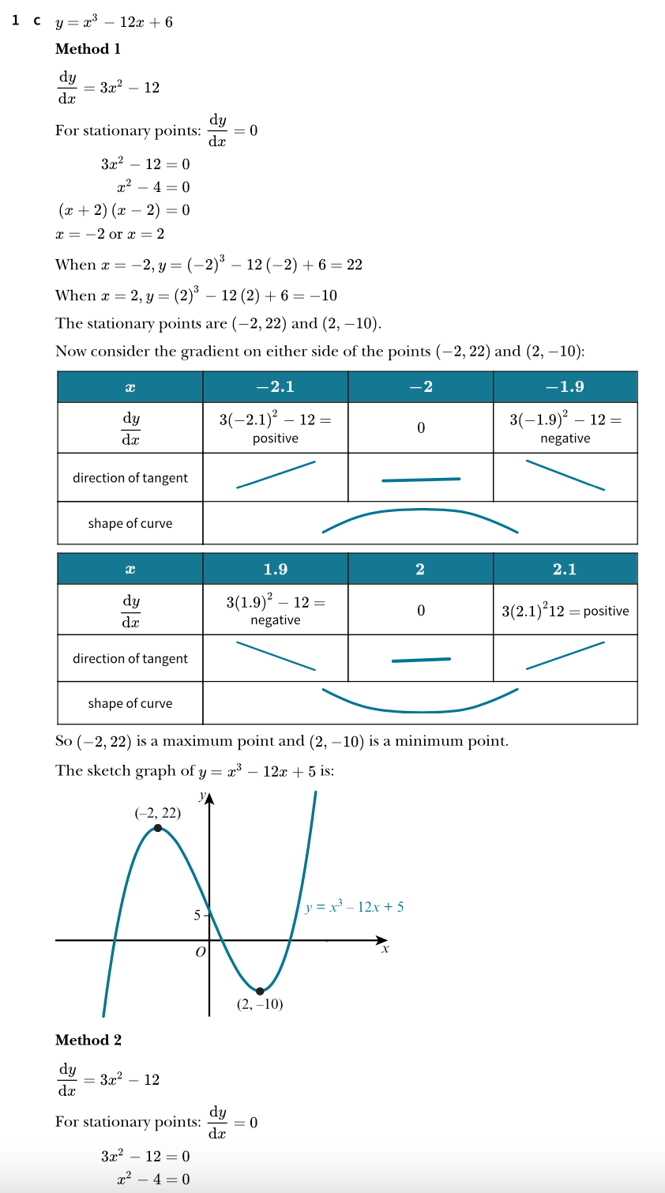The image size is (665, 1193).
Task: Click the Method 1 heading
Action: click(88, 49)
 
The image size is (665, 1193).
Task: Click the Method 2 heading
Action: click(88, 1040)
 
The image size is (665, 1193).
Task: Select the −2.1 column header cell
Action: click(275, 386)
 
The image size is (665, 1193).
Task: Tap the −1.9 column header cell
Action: click(565, 386)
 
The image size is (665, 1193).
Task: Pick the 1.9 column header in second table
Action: click(275, 569)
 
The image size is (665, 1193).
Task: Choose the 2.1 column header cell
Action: click(565, 569)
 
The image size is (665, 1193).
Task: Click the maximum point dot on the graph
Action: click(158, 828)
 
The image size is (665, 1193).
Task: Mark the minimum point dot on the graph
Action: click(260, 991)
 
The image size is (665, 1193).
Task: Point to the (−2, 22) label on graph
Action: click(157, 812)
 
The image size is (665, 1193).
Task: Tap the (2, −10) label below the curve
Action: click(260, 1004)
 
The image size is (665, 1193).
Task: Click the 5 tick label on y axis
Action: click(197, 915)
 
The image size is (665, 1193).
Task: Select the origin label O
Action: click(200, 952)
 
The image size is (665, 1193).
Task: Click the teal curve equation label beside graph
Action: click(355, 907)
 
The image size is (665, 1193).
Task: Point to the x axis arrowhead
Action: click(383, 940)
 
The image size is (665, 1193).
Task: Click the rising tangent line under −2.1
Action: click(276, 475)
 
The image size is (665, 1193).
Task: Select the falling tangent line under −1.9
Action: click(565, 475)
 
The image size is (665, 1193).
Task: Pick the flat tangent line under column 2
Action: click(421, 660)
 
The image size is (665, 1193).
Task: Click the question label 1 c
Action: click(26, 21)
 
